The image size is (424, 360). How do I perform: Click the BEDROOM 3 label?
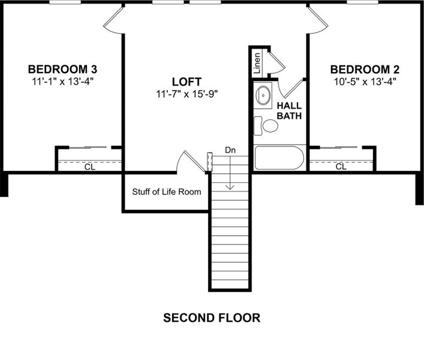pos(62,68)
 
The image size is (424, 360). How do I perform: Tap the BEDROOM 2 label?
pos(365,68)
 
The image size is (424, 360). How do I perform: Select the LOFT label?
pos(187,81)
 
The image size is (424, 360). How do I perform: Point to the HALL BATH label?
pos(288,110)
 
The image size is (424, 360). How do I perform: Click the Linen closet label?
pos(257,63)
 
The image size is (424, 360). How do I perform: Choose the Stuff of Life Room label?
pos(166,192)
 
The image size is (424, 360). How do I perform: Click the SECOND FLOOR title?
pos(212,317)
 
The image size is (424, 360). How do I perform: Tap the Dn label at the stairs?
pos(230,149)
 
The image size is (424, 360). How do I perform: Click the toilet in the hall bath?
pos(268,126)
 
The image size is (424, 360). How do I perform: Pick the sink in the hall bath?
pos(263,95)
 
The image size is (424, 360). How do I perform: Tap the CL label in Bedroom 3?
pos(89,167)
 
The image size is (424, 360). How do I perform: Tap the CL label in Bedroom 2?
pos(341,167)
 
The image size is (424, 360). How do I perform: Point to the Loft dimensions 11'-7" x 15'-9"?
pos(187,94)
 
